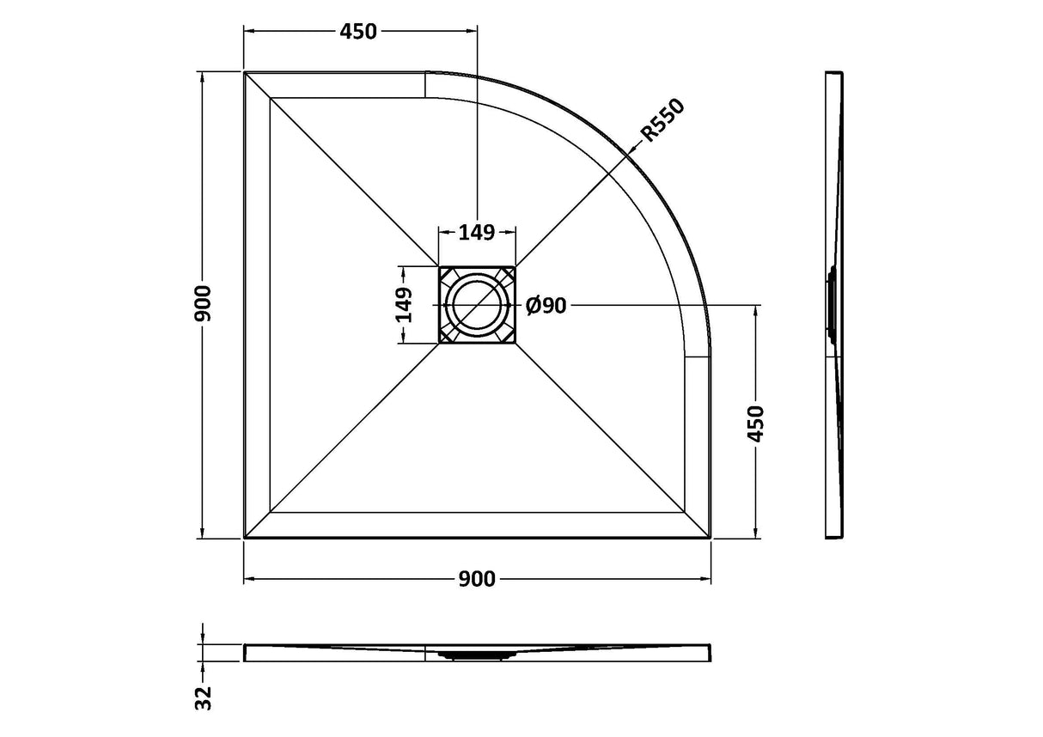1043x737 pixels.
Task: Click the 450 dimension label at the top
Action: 358,32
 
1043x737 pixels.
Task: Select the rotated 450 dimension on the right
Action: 756,423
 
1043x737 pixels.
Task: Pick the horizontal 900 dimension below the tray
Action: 477,580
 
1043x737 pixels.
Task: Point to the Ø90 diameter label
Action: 546,306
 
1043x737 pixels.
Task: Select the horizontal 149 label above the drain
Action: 477,232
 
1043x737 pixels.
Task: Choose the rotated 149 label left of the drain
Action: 404,305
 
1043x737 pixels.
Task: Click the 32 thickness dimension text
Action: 204,697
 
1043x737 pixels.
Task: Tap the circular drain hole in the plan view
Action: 477,306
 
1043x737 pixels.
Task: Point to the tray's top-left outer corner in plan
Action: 245,73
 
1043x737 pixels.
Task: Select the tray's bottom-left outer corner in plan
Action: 245,538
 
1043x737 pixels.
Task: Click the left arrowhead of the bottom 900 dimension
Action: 250,580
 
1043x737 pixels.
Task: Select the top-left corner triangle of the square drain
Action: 447,275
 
